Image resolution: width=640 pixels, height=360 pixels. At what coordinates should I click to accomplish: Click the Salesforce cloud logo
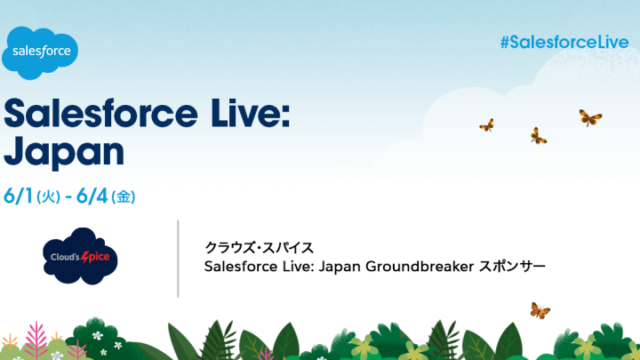click(40, 53)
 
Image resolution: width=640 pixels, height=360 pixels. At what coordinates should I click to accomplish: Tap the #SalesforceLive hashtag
click(564, 42)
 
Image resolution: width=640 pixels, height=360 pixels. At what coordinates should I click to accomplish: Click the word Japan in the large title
click(64, 152)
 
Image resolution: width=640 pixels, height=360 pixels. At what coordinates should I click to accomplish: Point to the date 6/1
click(19, 196)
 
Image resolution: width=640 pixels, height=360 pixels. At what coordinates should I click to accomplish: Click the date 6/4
click(92, 196)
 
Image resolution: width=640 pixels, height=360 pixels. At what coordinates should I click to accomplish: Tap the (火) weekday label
click(49, 197)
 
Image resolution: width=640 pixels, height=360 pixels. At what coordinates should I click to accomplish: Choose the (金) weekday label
click(124, 197)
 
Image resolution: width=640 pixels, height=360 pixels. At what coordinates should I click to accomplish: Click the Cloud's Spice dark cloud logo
click(80, 256)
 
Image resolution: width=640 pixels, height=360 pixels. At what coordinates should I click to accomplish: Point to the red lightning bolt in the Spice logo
click(85, 257)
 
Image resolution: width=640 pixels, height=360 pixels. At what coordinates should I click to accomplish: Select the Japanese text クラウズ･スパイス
click(260, 247)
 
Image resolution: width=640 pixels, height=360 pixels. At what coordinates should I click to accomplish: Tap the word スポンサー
click(512, 267)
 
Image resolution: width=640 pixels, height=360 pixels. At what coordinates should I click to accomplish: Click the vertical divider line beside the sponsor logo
click(178, 259)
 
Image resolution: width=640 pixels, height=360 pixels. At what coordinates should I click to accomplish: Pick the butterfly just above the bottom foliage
click(540, 310)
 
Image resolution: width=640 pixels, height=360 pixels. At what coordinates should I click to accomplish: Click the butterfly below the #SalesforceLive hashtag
click(590, 118)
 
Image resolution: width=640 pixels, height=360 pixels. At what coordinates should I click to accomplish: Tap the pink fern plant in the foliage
click(36, 340)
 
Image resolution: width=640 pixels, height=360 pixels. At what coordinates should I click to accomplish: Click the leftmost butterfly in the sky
click(486, 125)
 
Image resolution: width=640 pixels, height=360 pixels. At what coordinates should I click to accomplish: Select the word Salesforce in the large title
click(100, 113)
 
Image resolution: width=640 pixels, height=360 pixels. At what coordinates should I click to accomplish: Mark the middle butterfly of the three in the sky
click(539, 136)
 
